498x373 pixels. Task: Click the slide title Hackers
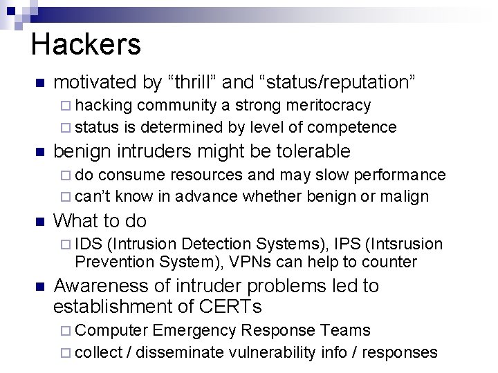pyautogui.click(x=86, y=44)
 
